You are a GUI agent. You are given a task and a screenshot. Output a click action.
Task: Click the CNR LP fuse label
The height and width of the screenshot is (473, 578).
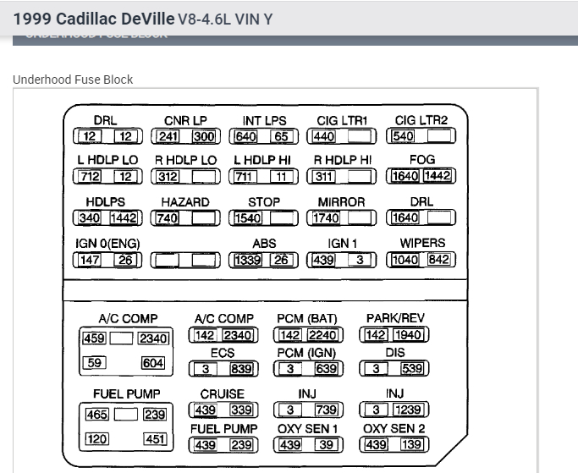click(x=185, y=120)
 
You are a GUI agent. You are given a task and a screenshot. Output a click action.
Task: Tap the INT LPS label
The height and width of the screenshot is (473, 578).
click(x=264, y=120)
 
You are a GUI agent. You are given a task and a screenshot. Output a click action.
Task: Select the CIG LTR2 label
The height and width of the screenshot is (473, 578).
click(x=421, y=120)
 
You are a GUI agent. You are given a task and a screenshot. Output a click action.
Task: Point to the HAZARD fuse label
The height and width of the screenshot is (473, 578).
click(x=185, y=202)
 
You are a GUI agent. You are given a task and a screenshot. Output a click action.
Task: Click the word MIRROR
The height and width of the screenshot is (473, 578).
click(x=341, y=202)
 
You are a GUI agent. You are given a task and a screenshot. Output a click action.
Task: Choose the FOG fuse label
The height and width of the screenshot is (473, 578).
click(x=421, y=160)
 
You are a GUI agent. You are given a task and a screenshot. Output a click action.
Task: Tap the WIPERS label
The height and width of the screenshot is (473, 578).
click(x=421, y=243)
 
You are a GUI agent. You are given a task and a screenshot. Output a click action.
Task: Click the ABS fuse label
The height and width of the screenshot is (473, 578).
click(x=264, y=243)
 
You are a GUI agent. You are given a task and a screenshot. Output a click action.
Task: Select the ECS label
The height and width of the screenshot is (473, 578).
click(x=223, y=353)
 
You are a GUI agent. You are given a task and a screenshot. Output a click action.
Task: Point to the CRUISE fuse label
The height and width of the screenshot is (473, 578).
click(x=223, y=393)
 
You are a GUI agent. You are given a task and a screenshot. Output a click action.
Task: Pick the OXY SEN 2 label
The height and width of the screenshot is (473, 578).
click(x=394, y=429)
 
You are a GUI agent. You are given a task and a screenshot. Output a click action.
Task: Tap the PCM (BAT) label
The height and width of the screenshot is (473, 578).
click(x=306, y=318)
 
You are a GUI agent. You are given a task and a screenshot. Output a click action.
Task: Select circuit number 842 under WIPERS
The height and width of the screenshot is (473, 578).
click(x=438, y=260)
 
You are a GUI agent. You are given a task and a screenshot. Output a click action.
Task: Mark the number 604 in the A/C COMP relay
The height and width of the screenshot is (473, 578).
click(x=153, y=363)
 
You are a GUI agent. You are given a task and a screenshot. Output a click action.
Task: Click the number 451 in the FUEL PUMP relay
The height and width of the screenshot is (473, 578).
click(x=154, y=439)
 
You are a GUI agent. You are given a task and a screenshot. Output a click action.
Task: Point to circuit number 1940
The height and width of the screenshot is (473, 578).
click(x=408, y=335)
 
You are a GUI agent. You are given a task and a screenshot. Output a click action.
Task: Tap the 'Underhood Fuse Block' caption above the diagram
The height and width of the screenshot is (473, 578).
click(x=73, y=80)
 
